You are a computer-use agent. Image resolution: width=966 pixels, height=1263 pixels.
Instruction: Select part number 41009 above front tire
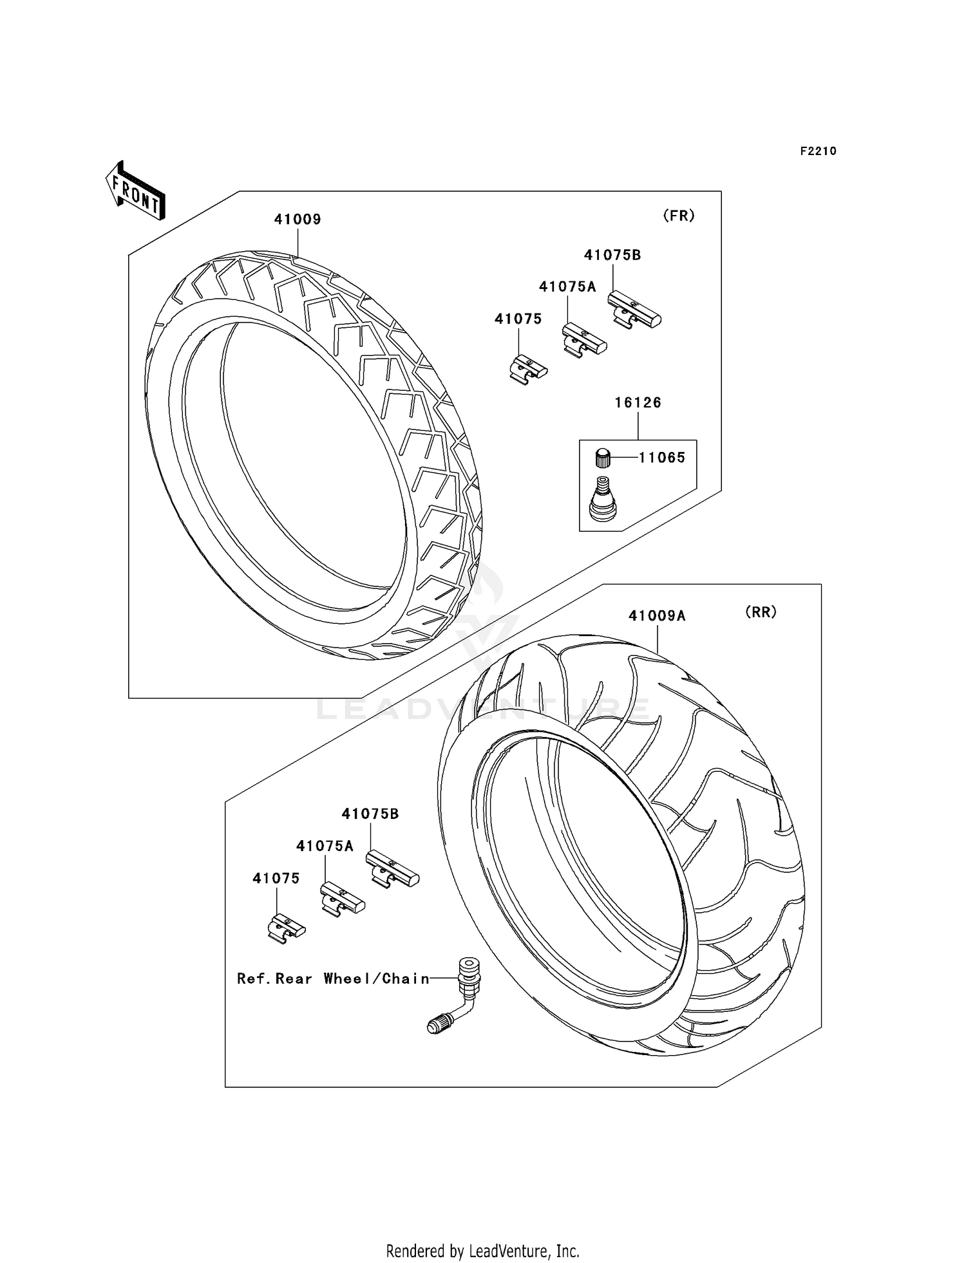click(298, 220)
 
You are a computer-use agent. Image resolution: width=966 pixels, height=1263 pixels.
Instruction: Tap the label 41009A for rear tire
click(657, 616)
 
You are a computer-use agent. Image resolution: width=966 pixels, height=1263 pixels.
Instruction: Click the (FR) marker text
click(679, 216)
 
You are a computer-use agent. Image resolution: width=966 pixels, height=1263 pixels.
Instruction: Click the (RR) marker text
click(761, 612)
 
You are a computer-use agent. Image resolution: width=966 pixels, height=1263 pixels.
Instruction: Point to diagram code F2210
click(818, 151)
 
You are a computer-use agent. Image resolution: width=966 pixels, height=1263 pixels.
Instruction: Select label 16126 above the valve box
click(638, 403)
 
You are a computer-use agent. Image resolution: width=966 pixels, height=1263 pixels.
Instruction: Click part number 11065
click(661, 458)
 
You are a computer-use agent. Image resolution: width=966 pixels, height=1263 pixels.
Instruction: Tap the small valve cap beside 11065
click(602, 458)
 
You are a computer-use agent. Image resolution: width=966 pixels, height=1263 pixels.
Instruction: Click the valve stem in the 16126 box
click(603, 499)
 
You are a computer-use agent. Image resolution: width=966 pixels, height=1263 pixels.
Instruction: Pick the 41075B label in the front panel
click(612, 255)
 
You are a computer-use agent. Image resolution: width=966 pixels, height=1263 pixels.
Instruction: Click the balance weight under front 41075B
click(634, 310)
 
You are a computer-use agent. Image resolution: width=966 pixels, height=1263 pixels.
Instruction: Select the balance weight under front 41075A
click(584, 339)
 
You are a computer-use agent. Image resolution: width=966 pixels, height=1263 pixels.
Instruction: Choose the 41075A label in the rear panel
click(325, 846)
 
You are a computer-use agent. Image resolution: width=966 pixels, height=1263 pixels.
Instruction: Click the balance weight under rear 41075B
click(392, 869)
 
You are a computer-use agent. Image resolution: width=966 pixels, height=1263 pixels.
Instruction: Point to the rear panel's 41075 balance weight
click(287, 929)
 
